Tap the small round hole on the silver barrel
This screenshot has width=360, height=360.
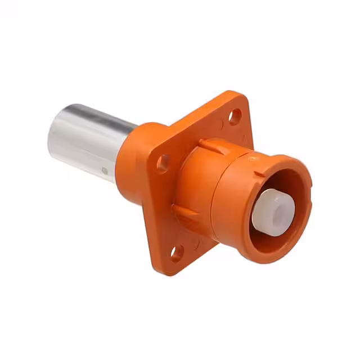104,170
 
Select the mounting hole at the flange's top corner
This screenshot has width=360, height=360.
235,116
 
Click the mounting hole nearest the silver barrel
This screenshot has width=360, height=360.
163,163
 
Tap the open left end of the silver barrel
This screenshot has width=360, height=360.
55,132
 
